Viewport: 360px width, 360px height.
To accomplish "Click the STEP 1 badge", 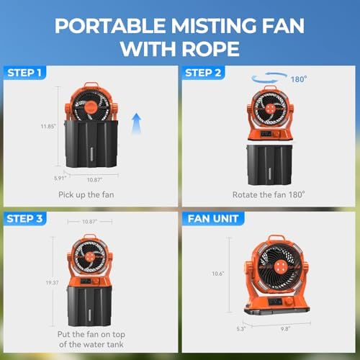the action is click(x=24, y=73).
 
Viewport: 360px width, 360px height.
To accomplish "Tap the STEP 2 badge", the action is click(x=203, y=73).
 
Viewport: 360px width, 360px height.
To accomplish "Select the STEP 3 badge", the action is click(x=24, y=219).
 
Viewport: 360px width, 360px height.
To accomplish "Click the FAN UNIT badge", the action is click(x=213, y=219).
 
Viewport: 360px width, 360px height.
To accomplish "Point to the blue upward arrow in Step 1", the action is click(x=136, y=123).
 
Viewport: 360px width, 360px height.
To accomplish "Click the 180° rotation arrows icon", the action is click(x=269, y=78).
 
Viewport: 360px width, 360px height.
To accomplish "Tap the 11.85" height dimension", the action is click(x=48, y=126).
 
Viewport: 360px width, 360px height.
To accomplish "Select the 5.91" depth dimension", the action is click(x=60, y=179).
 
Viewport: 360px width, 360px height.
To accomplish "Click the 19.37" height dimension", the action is click(x=53, y=282).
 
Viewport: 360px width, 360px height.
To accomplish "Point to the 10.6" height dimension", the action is click(x=218, y=274).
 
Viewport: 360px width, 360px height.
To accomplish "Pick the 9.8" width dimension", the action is click(x=286, y=328).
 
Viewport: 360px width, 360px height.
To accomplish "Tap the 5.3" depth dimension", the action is click(x=241, y=329).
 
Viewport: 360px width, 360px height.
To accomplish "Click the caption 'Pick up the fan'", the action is click(x=86, y=194).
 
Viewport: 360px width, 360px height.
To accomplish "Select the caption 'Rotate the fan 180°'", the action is click(x=269, y=194).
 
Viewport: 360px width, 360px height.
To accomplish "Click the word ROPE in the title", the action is click(x=210, y=49).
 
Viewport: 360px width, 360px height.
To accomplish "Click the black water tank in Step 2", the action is click(x=270, y=165).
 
